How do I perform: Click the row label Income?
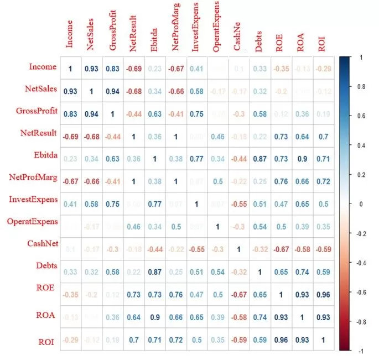43,67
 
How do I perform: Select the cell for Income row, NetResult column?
133,68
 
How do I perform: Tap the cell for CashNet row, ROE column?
280,248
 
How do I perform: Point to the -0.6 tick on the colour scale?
363,292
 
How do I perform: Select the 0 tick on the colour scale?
360,204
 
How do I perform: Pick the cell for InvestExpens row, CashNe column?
238,203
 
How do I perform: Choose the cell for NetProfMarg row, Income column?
70,180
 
